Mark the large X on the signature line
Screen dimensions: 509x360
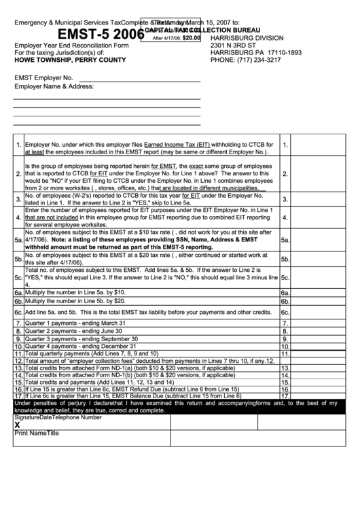pos(17,425)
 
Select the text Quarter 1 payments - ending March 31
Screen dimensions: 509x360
pos(77,323)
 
